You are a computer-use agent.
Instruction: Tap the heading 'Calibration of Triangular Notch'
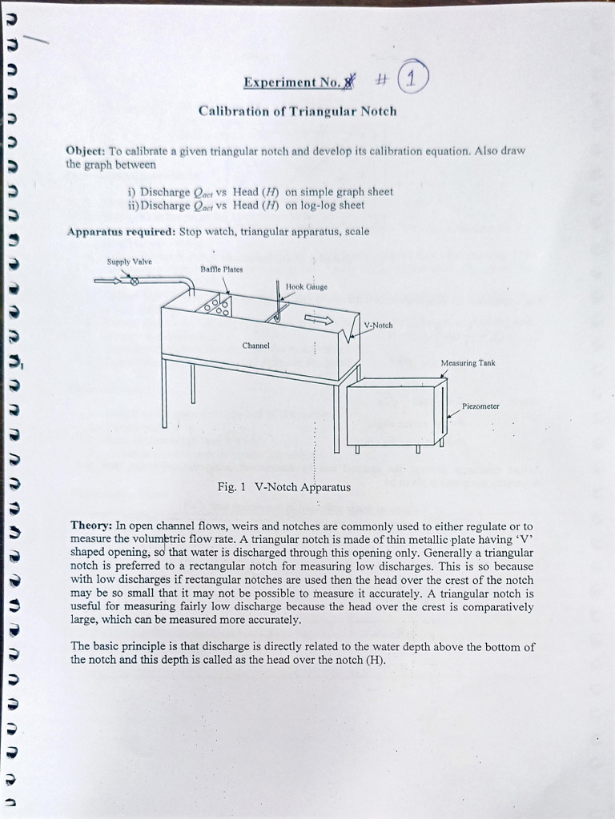[x=297, y=111]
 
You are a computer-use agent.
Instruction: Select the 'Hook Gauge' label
[x=307, y=286]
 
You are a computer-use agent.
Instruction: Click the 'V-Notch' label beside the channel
[x=378, y=326]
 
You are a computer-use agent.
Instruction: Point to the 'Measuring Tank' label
[x=468, y=362]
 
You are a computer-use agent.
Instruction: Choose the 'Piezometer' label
[x=480, y=406]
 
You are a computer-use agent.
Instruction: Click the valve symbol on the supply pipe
[x=135, y=282]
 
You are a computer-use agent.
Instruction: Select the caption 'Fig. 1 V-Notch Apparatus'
[x=283, y=487]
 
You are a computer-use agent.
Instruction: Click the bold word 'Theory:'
[x=91, y=526]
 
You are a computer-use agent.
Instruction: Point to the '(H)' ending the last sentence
[x=375, y=660]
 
